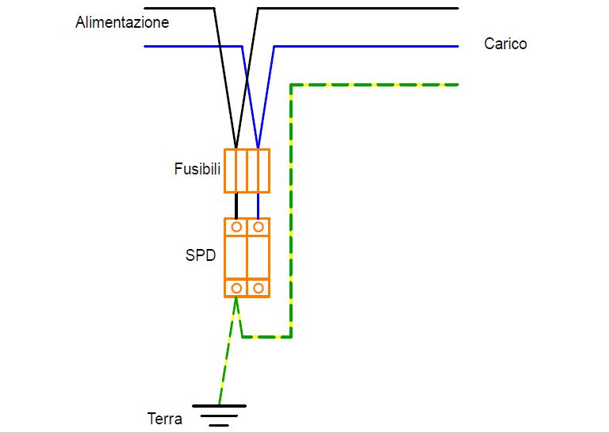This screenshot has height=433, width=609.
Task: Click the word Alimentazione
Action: click(122, 22)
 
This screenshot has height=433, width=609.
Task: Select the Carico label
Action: click(505, 44)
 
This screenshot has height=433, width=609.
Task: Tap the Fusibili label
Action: click(197, 169)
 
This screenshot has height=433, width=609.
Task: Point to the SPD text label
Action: click(201, 256)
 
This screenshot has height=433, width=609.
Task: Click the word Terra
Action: click(165, 419)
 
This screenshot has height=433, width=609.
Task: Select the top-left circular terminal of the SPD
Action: click(236, 227)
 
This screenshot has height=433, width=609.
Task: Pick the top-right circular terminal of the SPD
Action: click(259, 227)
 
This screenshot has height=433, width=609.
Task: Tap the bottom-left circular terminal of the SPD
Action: click(236, 287)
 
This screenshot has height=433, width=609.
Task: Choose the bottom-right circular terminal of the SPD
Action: click(259, 287)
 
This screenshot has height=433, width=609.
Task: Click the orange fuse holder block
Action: click(247, 171)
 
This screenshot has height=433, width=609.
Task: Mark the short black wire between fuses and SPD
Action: click(236, 205)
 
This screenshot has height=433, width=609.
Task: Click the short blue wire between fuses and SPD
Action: click(259, 205)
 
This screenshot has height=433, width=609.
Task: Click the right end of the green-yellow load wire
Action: click(456, 84)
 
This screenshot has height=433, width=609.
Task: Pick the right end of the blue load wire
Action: click(456, 47)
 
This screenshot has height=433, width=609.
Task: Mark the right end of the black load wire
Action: click(456, 8)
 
